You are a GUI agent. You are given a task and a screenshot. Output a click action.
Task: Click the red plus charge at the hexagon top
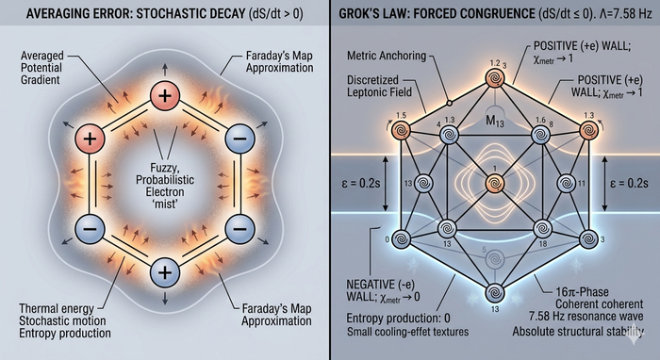click(x=165, y=96)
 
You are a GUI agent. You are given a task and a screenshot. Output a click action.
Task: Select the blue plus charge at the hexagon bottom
click(x=165, y=272)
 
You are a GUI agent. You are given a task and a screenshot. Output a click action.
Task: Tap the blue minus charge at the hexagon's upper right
click(x=239, y=139)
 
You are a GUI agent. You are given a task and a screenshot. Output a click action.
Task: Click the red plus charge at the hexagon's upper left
click(x=90, y=139)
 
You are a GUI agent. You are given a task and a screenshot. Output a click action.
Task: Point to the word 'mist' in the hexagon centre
click(x=167, y=205)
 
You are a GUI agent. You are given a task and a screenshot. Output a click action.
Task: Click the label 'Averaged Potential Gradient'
click(x=41, y=68)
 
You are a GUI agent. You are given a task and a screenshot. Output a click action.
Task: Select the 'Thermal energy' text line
click(x=57, y=309)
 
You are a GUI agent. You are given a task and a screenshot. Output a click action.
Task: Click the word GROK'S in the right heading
click(x=362, y=14)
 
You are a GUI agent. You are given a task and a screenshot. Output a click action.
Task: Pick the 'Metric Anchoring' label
click(x=387, y=56)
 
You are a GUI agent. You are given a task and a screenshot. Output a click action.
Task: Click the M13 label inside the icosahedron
click(x=495, y=122)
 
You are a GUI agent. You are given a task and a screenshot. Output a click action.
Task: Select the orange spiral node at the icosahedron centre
click(x=495, y=184)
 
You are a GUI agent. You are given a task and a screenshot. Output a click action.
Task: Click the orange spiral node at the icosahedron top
click(x=495, y=78)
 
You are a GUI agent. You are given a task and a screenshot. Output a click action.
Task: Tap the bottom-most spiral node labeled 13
click(x=495, y=293)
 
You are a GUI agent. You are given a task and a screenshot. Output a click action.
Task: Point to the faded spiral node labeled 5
click(x=495, y=258)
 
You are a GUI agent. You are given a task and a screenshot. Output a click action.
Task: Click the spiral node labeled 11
click(x=566, y=184)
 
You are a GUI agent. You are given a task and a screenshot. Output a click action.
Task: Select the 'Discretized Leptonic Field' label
click(x=379, y=86)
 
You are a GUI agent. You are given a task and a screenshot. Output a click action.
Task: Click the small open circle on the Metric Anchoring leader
click(x=449, y=103)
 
